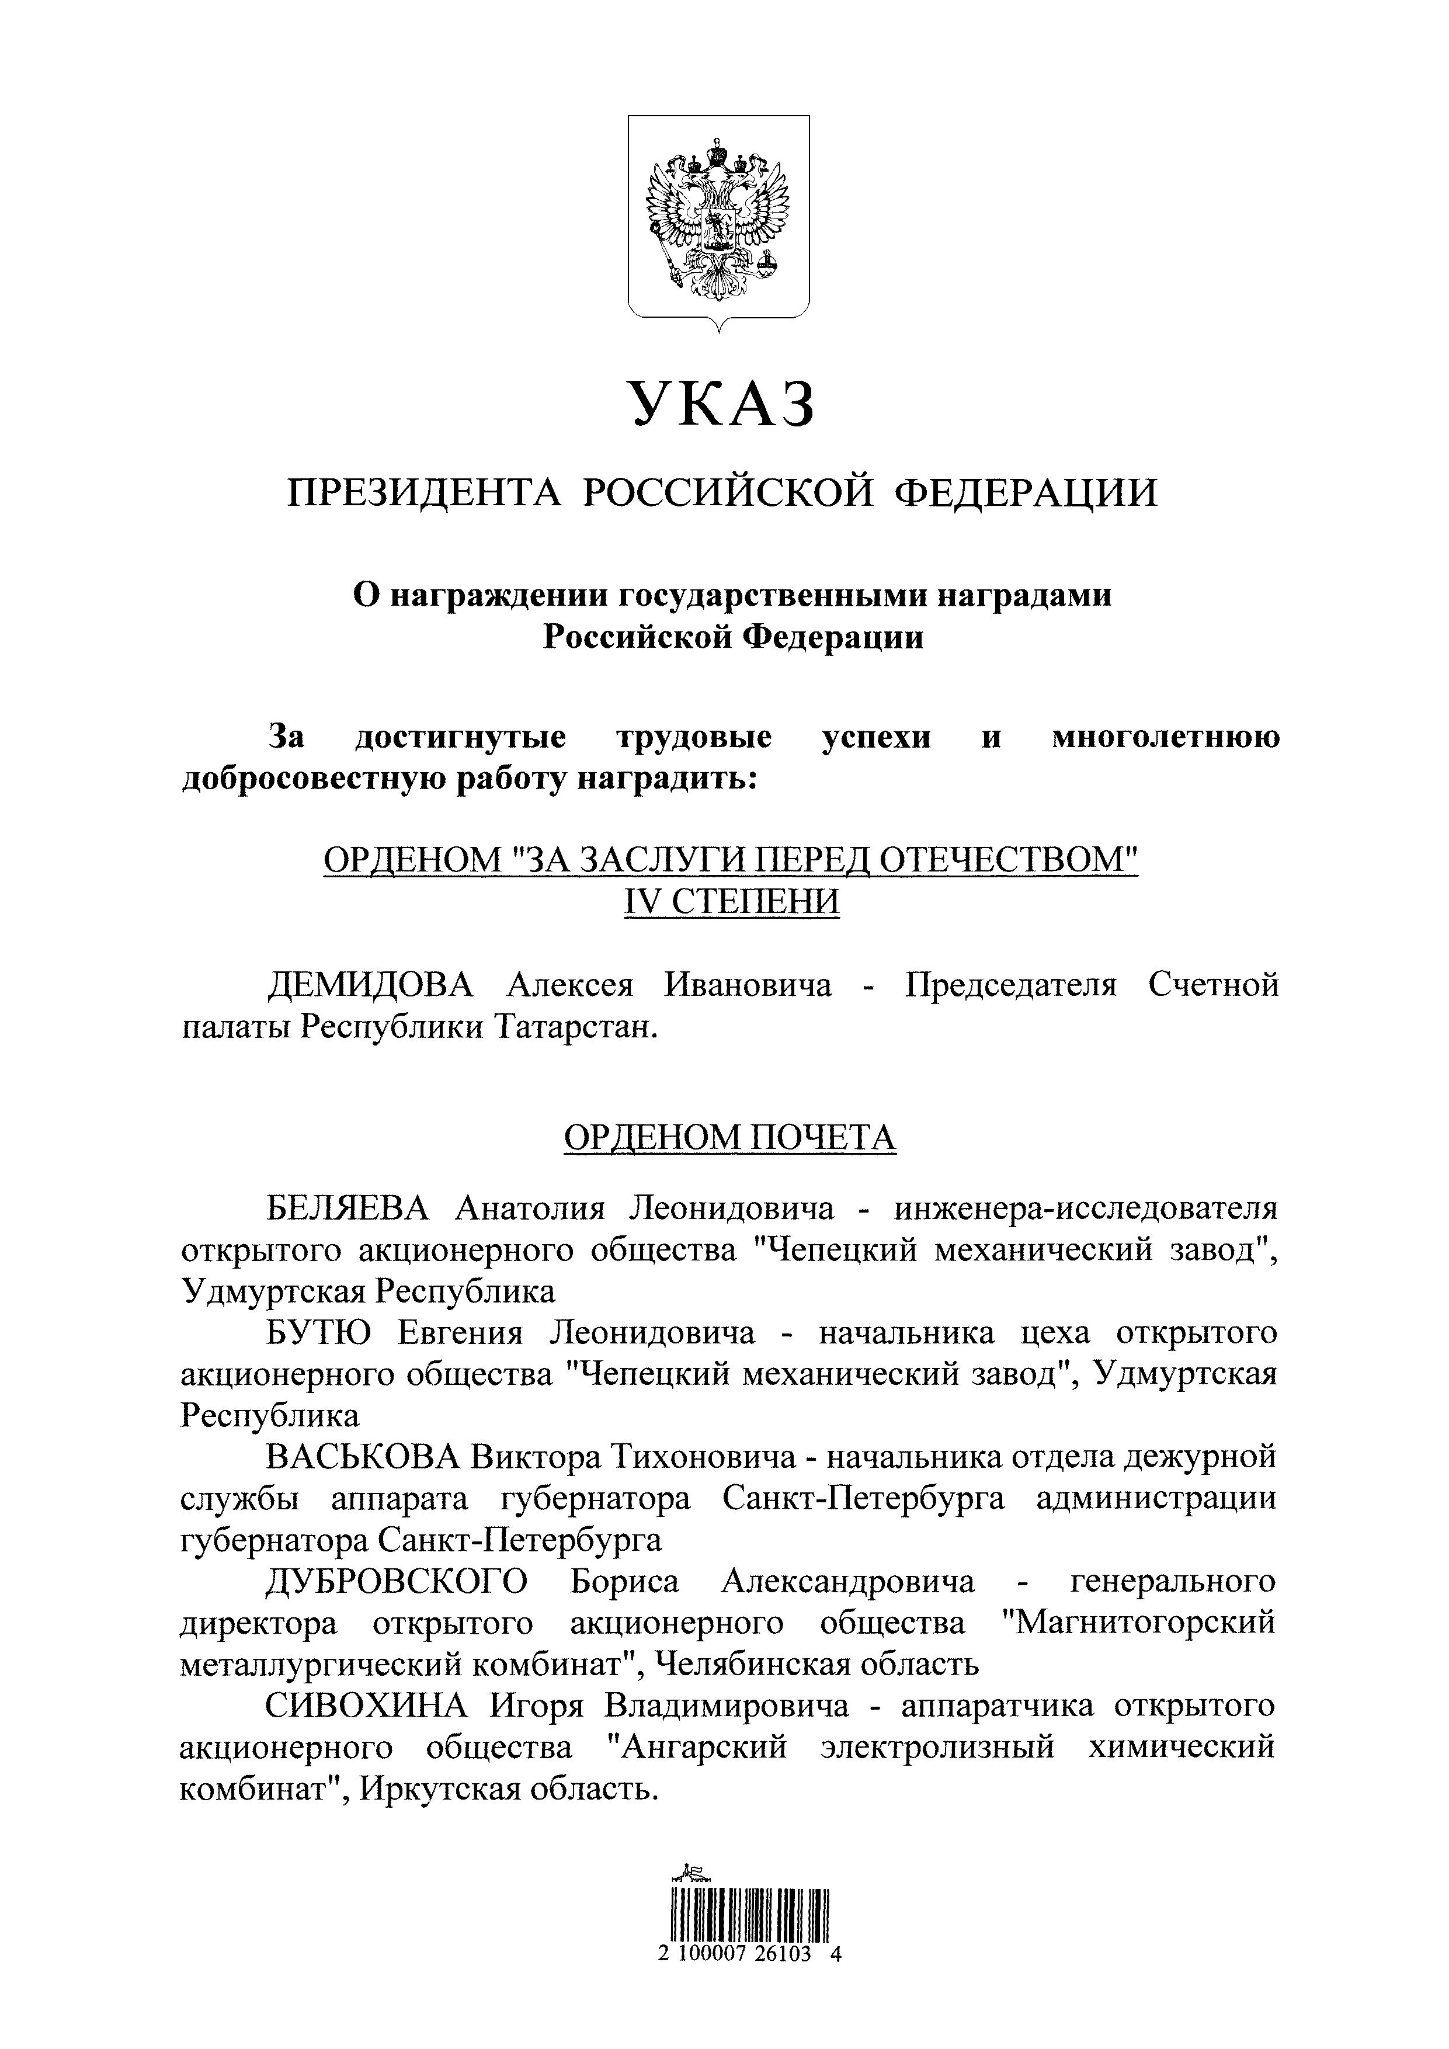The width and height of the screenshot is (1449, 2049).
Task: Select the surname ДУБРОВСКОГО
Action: click(397, 1581)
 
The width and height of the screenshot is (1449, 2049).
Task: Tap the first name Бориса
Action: click(624, 1581)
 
